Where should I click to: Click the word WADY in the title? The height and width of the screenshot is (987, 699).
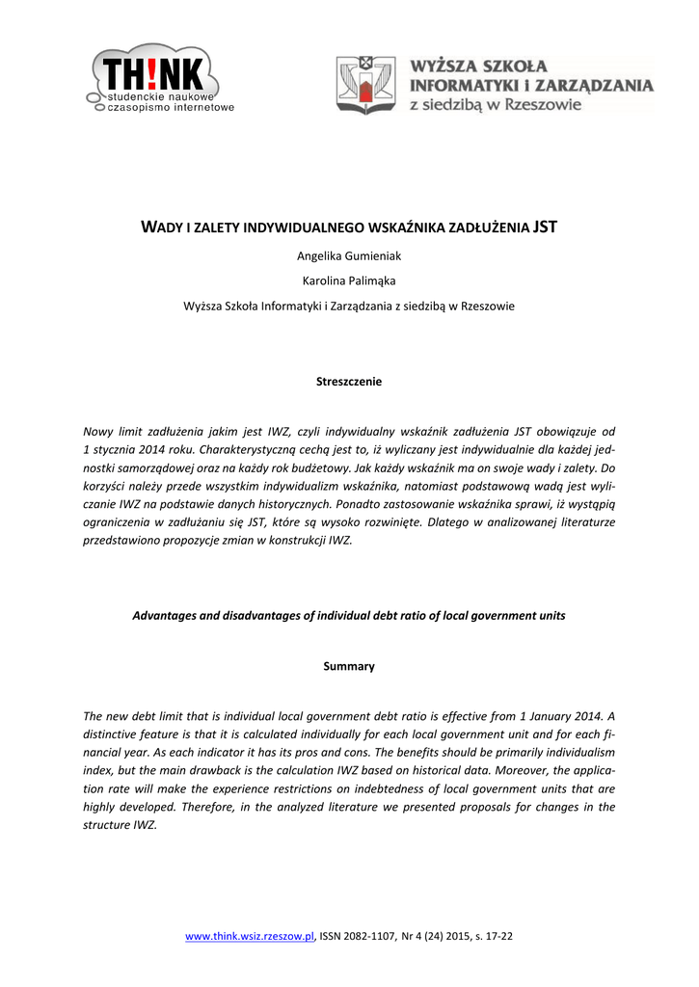point(164,227)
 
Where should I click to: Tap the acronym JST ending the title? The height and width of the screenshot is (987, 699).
point(546,227)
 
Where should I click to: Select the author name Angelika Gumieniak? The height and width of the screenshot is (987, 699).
point(349,255)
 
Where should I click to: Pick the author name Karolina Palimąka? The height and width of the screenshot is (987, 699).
point(349,280)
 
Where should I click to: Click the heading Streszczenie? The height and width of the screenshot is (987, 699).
point(349,382)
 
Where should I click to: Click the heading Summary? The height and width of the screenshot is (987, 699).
point(349,666)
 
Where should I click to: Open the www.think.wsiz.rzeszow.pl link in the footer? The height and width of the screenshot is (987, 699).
point(250,936)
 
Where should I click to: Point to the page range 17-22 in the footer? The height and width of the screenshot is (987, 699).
point(498,936)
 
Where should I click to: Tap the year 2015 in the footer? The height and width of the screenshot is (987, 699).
point(460,936)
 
